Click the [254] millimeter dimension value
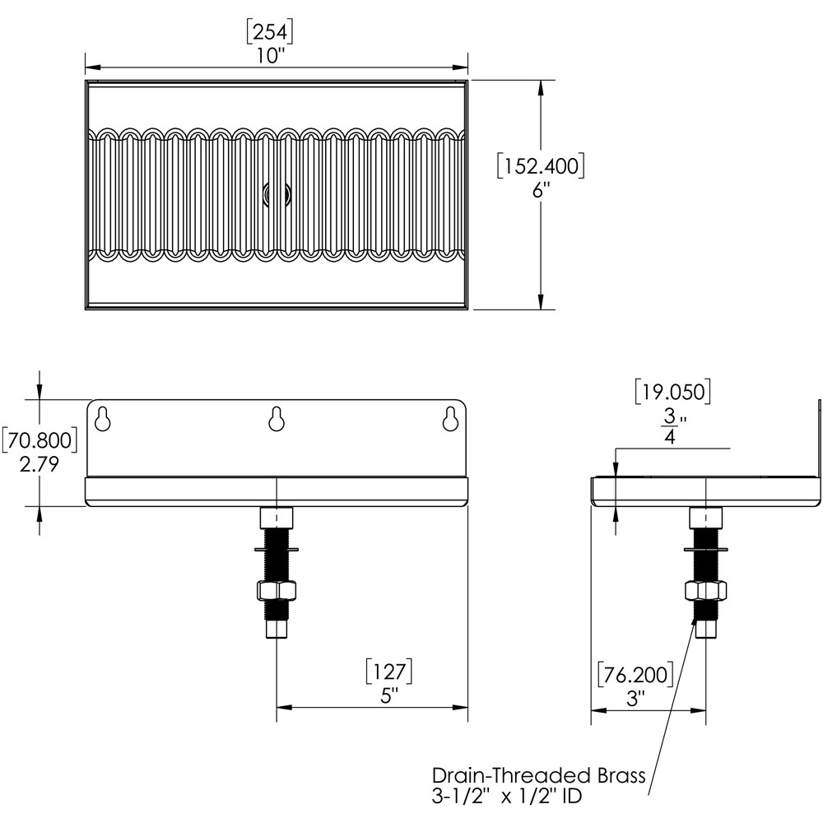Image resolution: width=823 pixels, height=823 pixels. pyautogui.click(x=270, y=31)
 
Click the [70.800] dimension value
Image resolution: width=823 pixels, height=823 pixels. pyautogui.click(x=40, y=439)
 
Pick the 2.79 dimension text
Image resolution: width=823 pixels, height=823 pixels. pyautogui.click(x=40, y=464)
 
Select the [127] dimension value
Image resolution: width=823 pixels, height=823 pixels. pyautogui.click(x=389, y=672)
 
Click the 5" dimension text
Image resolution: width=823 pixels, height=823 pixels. pyautogui.click(x=389, y=696)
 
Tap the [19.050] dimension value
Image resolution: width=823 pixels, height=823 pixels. pyautogui.click(x=673, y=392)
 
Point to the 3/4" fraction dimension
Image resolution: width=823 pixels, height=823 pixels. pyautogui.click(x=673, y=426)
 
